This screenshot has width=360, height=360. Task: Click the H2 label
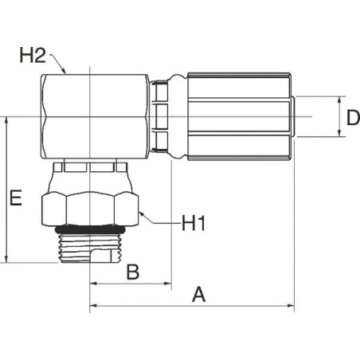pyautogui.click(x=33, y=56)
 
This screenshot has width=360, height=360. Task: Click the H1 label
pyautogui.click(x=194, y=223)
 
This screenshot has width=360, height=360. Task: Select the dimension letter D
pyautogui.click(x=354, y=118)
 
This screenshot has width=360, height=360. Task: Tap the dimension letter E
pyautogui.click(x=16, y=198)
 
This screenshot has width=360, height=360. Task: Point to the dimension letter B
pyautogui.click(x=133, y=272)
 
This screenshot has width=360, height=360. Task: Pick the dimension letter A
pyautogui.click(x=199, y=295)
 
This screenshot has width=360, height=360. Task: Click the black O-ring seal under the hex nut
pyautogui.click(x=90, y=230)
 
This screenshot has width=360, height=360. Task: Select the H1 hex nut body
pyautogui.click(x=90, y=209)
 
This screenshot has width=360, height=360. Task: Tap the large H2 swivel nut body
pyautogui.click(x=95, y=117)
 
